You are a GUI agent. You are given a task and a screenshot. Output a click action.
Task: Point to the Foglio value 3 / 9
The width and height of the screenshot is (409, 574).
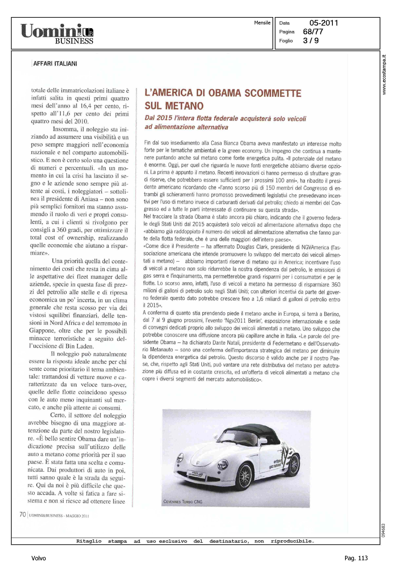tap(311, 40)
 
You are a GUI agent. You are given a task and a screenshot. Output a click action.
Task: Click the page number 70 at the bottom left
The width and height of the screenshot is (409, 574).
tap(23, 514)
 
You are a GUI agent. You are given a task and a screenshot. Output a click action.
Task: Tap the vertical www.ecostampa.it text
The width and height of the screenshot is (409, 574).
tap(384, 75)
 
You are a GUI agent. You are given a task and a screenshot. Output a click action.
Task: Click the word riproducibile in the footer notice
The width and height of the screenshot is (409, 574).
tap(292, 541)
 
